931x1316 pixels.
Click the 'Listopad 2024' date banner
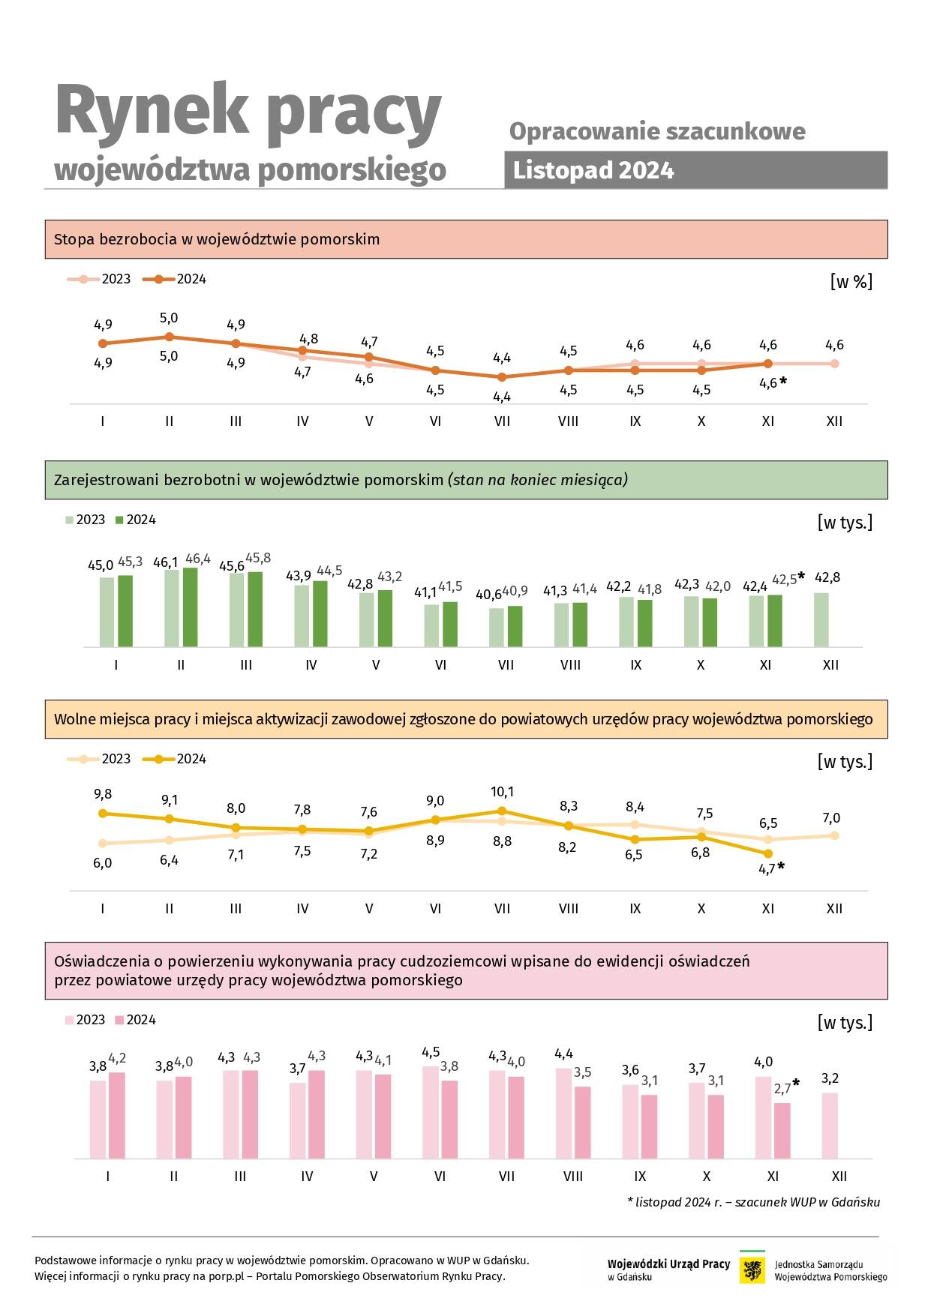click(695, 170)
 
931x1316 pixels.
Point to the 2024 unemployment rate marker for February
click(170, 337)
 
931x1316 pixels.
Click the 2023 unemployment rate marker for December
click(834, 364)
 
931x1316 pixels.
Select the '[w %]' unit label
click(851, 282)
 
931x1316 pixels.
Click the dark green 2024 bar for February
click(190, 607)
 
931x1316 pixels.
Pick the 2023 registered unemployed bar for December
click(821, 620)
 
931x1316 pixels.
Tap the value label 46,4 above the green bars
click(198, 559)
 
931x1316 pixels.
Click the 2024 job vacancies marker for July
click(502, 811)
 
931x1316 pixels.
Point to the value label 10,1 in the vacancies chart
click(502, 792)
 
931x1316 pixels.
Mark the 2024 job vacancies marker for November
click(768, 853)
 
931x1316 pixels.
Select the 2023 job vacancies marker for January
click(103, 844)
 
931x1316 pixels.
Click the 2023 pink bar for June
click(431, 1112)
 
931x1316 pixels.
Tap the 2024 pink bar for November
click(782, 1131)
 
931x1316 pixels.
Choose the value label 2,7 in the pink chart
click(782, 1089)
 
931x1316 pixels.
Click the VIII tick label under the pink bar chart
click(573, 1177)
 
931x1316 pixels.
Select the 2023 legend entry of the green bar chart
click(86, 520)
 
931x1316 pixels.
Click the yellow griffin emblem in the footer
click(752, 1270)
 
